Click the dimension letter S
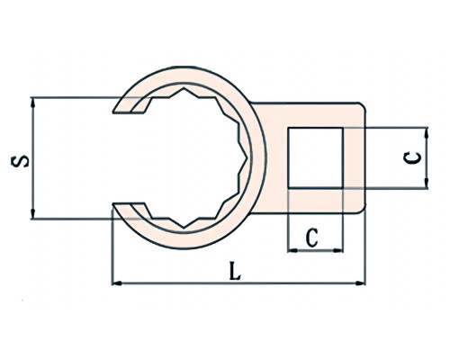click(20, 161)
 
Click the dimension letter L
click(235, 271)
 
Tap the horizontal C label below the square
click(312, 238)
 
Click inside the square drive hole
click(315, 157)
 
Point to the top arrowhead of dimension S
click(33, 103)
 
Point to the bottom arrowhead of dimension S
click(33, 214)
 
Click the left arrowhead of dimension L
click(117, 283)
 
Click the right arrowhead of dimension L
click(360, 283)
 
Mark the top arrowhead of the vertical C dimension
click(427, 132)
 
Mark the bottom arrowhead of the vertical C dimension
click(427, 184)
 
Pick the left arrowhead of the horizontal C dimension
click(292, 250)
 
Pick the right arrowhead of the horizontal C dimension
click(338, 250)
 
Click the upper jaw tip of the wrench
click(113, 112)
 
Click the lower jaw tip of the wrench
click(113, 204)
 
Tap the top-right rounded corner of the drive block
click(363, 105)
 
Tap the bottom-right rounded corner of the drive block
click(363, 211)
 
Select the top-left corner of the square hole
click(288, 128)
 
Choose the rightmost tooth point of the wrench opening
click(247, 157)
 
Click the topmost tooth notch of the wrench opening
click(184, 88)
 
